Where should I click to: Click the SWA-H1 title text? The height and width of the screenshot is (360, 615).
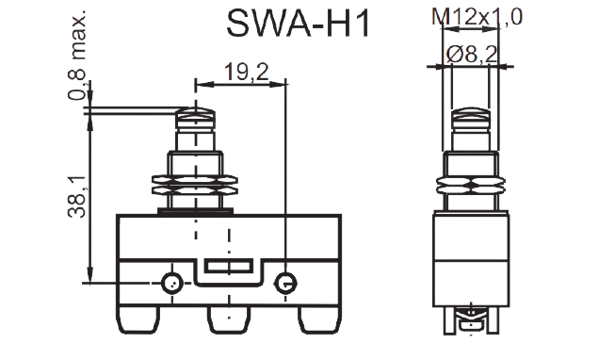[299, 24]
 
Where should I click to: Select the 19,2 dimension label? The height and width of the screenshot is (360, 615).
[247, 73]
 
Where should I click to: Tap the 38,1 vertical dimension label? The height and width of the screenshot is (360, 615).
[77, 197]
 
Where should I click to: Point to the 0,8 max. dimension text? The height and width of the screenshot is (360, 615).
[77, 54]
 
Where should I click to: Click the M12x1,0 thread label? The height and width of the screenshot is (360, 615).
[477, 17]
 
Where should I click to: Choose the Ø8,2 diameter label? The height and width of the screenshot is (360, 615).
[472, 55]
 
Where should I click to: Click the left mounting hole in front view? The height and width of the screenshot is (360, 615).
[171, 283]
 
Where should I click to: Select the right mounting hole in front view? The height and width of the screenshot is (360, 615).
[285, 283]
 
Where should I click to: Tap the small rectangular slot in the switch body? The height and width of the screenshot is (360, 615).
[229, 267]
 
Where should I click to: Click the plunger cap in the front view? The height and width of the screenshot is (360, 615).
[196, 120]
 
